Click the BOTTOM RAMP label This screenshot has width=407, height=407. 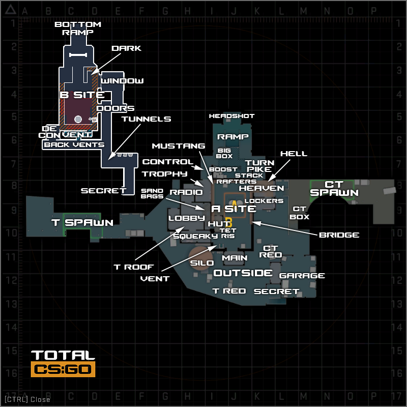point(78,28)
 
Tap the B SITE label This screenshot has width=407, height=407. point(82,95)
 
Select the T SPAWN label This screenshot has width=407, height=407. point(82,222)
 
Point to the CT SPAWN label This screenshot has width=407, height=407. point(334,188)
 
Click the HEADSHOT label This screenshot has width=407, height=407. point(231,116)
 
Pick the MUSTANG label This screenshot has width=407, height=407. point(178,146)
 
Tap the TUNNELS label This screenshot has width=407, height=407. point(146,119)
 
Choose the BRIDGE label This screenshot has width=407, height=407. point(339,235)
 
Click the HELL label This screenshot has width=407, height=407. point(294,154)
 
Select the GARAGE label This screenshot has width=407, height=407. point(302,276)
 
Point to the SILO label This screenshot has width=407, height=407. point(202,263)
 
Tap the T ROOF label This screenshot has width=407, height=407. point(133,267)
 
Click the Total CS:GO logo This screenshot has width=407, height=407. point(63,363)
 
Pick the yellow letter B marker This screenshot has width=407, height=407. point(229,222)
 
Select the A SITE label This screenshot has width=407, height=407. point(234,209)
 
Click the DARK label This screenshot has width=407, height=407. point(126,48)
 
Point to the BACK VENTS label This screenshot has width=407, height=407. point(74,145)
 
